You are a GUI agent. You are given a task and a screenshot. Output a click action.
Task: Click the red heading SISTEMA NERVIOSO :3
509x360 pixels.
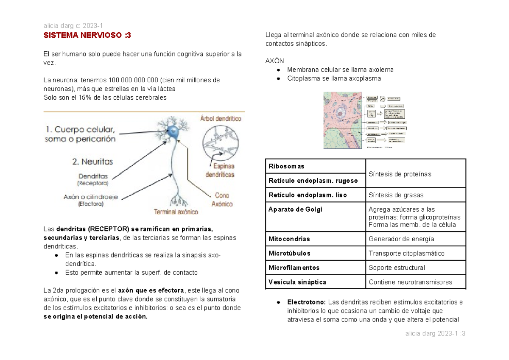87,36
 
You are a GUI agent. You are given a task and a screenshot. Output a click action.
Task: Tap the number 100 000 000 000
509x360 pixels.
133,80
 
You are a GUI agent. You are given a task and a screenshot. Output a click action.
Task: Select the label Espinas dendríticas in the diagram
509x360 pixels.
220,170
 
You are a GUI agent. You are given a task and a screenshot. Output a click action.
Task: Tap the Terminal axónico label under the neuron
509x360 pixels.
176,212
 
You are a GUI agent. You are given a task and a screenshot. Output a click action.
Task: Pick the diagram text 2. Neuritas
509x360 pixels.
92,162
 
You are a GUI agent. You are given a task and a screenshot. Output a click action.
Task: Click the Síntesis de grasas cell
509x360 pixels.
396,195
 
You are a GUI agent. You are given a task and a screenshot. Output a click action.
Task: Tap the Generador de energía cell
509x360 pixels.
401,239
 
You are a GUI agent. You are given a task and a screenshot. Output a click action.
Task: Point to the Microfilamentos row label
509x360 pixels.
294,268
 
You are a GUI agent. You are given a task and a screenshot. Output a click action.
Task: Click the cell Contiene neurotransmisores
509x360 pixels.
410,282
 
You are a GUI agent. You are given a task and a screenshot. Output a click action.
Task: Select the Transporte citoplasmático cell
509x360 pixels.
406,253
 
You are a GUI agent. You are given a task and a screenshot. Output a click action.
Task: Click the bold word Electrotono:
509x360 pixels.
307,302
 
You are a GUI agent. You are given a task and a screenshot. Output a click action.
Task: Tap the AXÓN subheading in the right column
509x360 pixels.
274,61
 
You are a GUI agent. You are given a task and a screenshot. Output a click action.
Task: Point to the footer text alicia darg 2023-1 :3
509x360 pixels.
436,334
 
